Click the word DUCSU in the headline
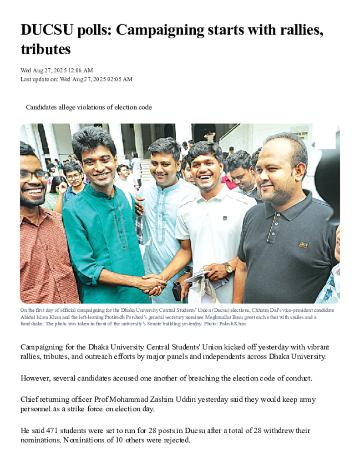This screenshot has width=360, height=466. click(x=43, y=31)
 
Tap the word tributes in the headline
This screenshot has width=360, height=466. click(x=46, y=49)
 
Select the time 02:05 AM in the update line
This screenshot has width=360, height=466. click(x=120, y=79)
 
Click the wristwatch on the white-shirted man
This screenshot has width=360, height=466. click(x=228, y=268)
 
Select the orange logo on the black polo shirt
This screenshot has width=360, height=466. click(x=303, y=245)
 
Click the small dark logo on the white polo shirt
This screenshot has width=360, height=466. click(x=225, y=218)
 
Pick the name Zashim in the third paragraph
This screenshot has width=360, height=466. click(x=175, y=400)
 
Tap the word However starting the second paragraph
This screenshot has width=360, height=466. click(x=35, y=378)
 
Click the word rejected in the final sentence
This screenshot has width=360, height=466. click(x=174, y=440)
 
